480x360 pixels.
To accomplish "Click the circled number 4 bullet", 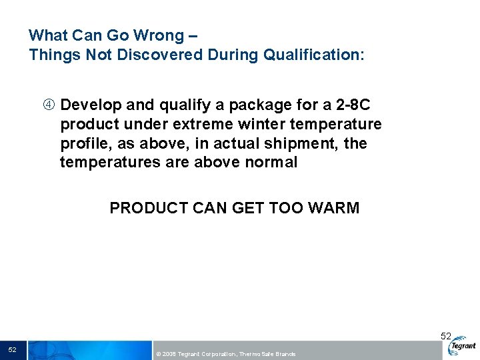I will click(x=50, y=105).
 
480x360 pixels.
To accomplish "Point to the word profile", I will click(x=83, y=144).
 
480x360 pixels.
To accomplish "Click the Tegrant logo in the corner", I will click(x=463, y=346).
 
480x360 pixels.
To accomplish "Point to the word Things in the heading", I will click(x=55, y=55).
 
